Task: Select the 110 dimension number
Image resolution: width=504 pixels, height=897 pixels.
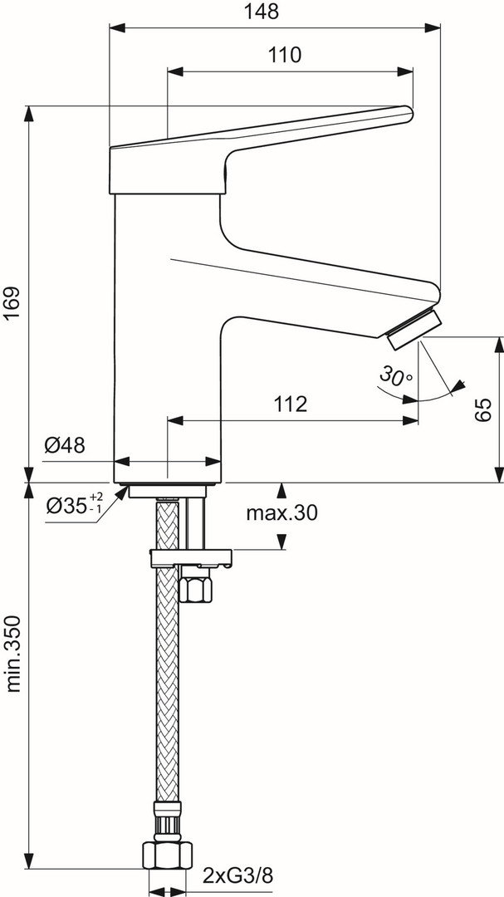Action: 285,55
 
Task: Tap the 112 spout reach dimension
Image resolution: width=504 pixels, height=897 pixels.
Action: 290,404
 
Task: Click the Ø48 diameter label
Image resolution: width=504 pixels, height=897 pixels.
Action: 65,446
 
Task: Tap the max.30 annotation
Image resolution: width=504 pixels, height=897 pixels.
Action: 281,513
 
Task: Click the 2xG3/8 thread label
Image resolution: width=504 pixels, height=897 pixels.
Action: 239,875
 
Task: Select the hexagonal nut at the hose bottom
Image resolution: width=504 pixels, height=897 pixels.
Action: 167,857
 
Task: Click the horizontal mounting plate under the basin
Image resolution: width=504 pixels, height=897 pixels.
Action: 189,556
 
